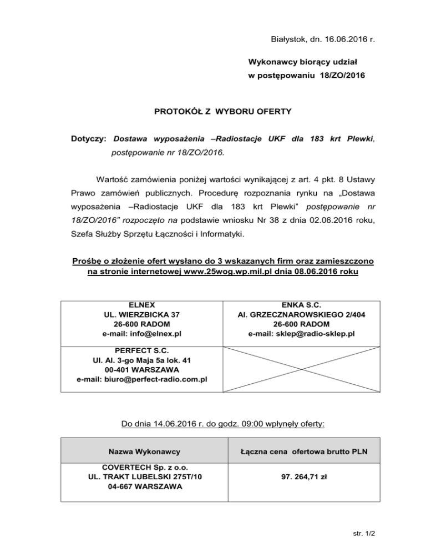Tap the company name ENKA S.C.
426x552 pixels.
point(302,305)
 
